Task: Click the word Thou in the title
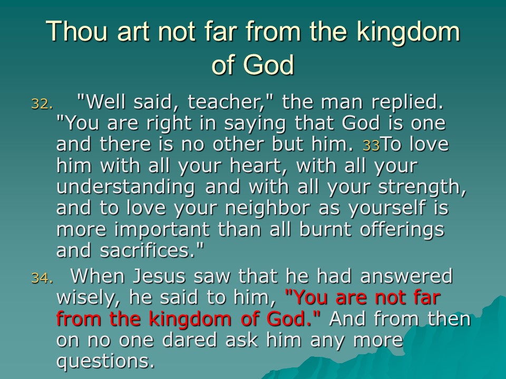(76, 31)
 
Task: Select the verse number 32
(42, 104)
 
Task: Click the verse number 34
(42, 278)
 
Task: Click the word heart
(261, 166)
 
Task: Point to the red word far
(427, 297)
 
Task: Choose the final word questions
(105, 362)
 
